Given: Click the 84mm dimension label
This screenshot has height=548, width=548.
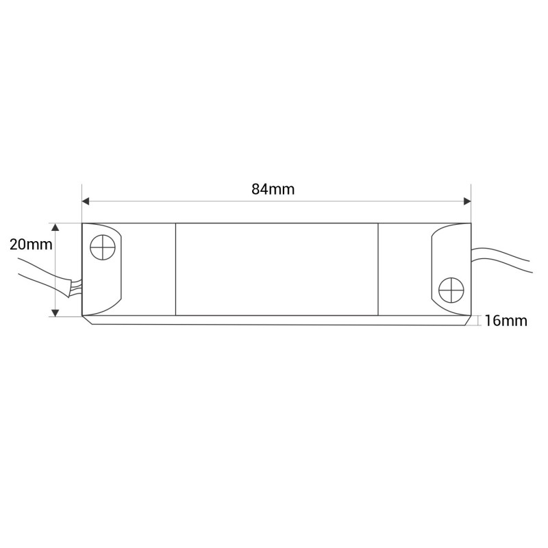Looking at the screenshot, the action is (273, 190).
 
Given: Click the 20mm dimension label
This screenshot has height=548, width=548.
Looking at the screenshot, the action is (31, 245).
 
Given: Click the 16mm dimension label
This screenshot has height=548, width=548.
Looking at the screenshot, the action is (506, 321).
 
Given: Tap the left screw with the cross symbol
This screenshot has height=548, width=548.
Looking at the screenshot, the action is (102, 247).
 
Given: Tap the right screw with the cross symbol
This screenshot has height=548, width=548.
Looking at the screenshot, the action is (451, 290).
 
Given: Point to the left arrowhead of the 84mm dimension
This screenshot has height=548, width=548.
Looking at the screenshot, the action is (86, 201).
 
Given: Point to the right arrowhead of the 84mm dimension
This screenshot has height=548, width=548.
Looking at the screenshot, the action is (467, 201).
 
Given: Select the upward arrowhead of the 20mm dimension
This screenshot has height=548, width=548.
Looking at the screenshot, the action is (55, 227).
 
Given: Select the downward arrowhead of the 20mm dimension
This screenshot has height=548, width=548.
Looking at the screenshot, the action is (55, 312).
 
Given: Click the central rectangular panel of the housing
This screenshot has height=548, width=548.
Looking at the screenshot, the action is (277, 269).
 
